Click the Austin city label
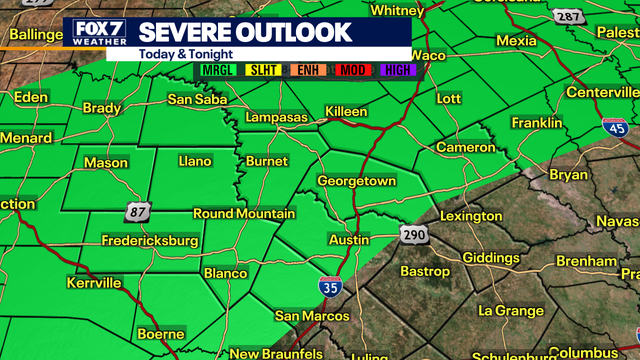tap(349, 240)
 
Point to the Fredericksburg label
tap(151, 241)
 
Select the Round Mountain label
tap(244, 214)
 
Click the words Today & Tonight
tap(178, 54)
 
